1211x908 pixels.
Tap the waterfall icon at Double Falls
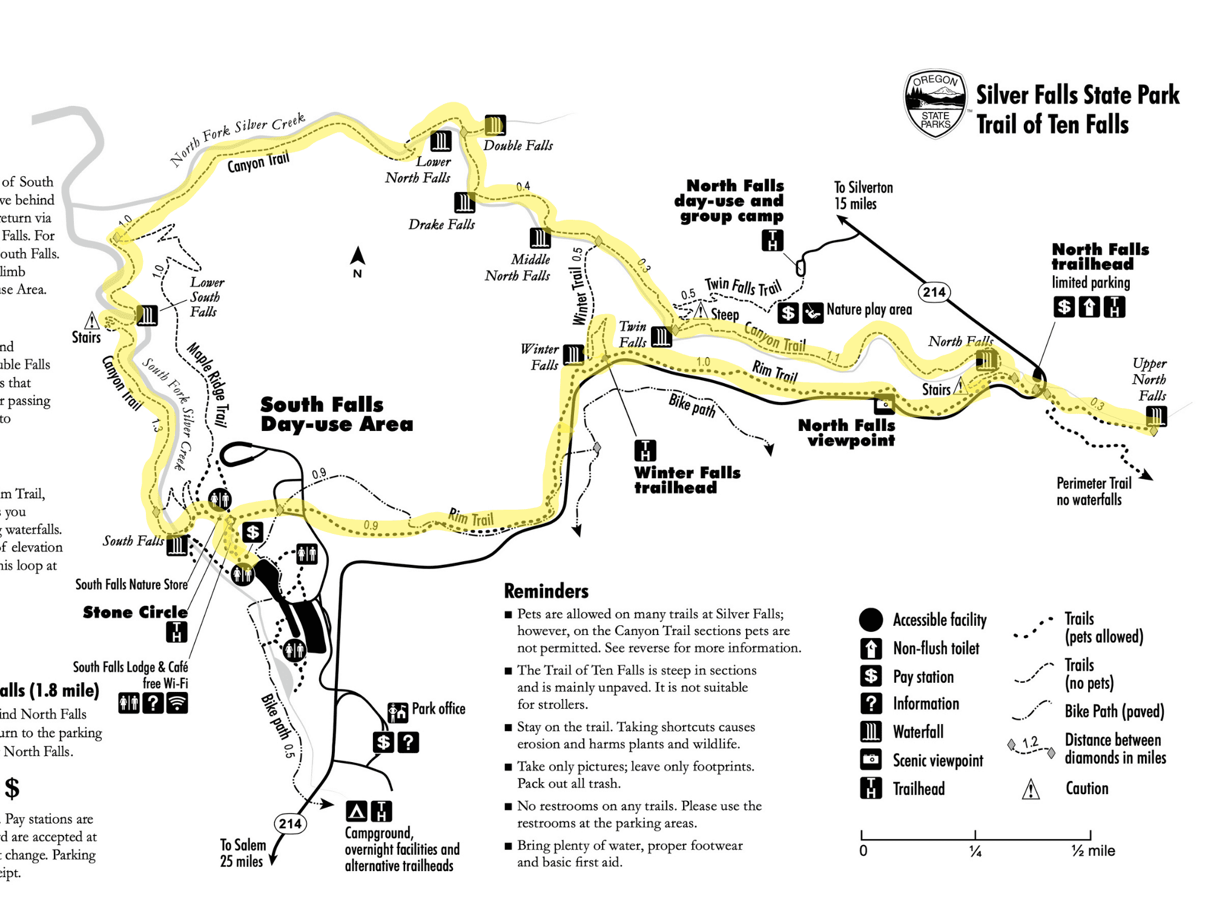click(495, 125)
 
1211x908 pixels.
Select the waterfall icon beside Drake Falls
click(464, 202)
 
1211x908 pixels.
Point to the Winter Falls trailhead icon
click(645, 450)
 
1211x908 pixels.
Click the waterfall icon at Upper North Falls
click(1157, 416)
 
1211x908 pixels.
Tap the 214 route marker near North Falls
click(934, 292)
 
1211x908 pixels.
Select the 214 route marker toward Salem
click(290, 823)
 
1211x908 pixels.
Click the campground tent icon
click(357, 811)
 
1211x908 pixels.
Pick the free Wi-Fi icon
click(177, 703)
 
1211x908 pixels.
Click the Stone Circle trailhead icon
click(177, 632)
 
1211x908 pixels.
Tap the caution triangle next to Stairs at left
click(91, 320)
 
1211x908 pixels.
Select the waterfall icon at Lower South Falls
click(147, 315)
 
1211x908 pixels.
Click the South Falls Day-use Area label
click(336, 414)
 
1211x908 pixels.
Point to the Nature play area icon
click(813, 312)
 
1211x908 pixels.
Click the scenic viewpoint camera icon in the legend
click(871, 760)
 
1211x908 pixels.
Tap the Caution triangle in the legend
click(1031, 789)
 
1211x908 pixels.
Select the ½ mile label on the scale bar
click(1093, 851)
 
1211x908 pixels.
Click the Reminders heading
click(546, 591)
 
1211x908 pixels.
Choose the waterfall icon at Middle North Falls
click(540, 238)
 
